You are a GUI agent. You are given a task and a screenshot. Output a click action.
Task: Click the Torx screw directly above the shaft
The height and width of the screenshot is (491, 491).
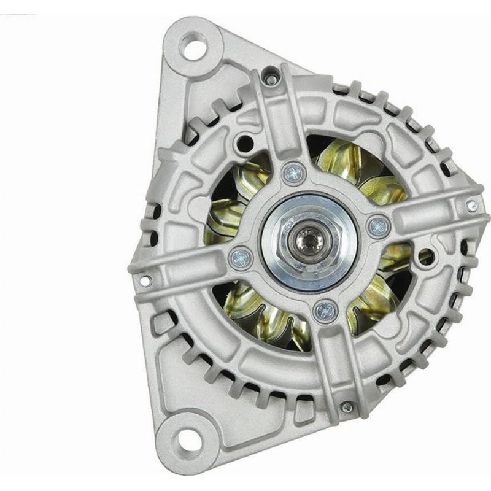[294, 174]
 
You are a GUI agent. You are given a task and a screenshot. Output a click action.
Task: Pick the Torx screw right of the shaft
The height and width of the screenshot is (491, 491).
[378, 226]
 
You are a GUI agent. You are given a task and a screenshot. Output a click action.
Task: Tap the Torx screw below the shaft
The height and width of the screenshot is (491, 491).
[325, 311]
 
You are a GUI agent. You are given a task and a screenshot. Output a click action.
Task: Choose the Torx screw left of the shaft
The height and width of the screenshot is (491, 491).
[241, 257]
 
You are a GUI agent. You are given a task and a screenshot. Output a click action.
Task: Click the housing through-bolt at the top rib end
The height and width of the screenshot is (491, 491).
[269, 79]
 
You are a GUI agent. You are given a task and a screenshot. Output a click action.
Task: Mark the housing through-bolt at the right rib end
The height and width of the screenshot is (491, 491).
[472, 206]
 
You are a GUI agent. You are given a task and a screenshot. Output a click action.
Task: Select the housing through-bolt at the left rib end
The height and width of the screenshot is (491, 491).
[145, 281]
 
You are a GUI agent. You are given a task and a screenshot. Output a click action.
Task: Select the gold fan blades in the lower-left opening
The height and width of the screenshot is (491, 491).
[264, 313]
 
